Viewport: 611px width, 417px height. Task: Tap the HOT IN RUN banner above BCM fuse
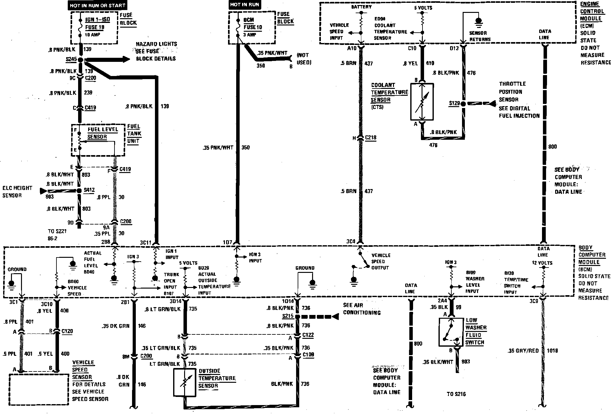coord(245,4)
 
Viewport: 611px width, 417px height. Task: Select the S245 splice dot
coord(81,60)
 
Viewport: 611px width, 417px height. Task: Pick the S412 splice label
coord(89,190)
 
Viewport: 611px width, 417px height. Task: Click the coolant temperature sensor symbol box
coord(422,101)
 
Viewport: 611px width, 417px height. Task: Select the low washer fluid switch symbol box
coord(451,332)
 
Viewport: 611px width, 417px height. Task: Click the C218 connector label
coord(370,138)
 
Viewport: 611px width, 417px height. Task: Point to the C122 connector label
coord(308,335)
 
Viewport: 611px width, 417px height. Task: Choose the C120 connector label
coord(67,331)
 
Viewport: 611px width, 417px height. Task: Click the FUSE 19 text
coord(95,27)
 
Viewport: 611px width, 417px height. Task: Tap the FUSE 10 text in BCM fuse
coord(253,27)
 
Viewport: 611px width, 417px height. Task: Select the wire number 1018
coord(552,351)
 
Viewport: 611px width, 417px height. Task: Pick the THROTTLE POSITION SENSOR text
coord(513,92)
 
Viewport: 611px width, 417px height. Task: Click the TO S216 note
coord(456,394)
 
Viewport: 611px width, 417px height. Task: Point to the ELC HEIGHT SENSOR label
coord(17,192)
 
